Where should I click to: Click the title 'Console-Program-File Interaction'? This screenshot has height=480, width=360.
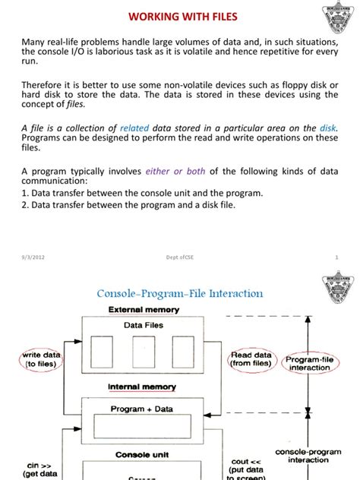[x=179, y=292]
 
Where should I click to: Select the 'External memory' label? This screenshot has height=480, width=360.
[x=144, y=310]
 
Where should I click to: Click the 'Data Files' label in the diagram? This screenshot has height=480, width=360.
[x=144, y=325]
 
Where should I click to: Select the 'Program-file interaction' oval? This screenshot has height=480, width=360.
[x=309, y=362]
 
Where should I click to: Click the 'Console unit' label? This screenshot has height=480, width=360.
[x=143, y=455]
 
